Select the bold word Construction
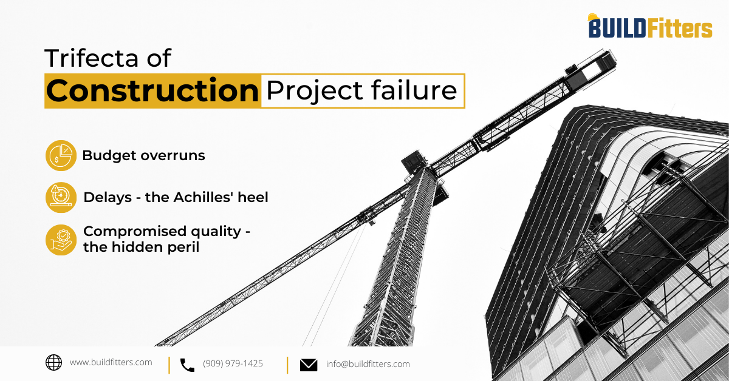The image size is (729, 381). point(152,91)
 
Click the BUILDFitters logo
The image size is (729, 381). point(649,27)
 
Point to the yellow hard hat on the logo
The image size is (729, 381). point(594,17)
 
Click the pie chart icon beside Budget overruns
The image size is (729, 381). point(61,155)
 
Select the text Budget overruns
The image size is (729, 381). point(143,155)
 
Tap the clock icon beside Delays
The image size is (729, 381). point(61,197)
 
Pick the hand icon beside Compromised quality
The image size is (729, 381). point(61,240)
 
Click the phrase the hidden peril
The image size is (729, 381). point(141,248)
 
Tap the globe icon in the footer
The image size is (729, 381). point(53,363)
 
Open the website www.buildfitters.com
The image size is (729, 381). point(111,363)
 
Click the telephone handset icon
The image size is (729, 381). point(187,365)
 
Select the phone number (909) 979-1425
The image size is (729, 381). point(233,364)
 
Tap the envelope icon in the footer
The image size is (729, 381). point(309,365)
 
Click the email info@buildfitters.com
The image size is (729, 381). point(368,364)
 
